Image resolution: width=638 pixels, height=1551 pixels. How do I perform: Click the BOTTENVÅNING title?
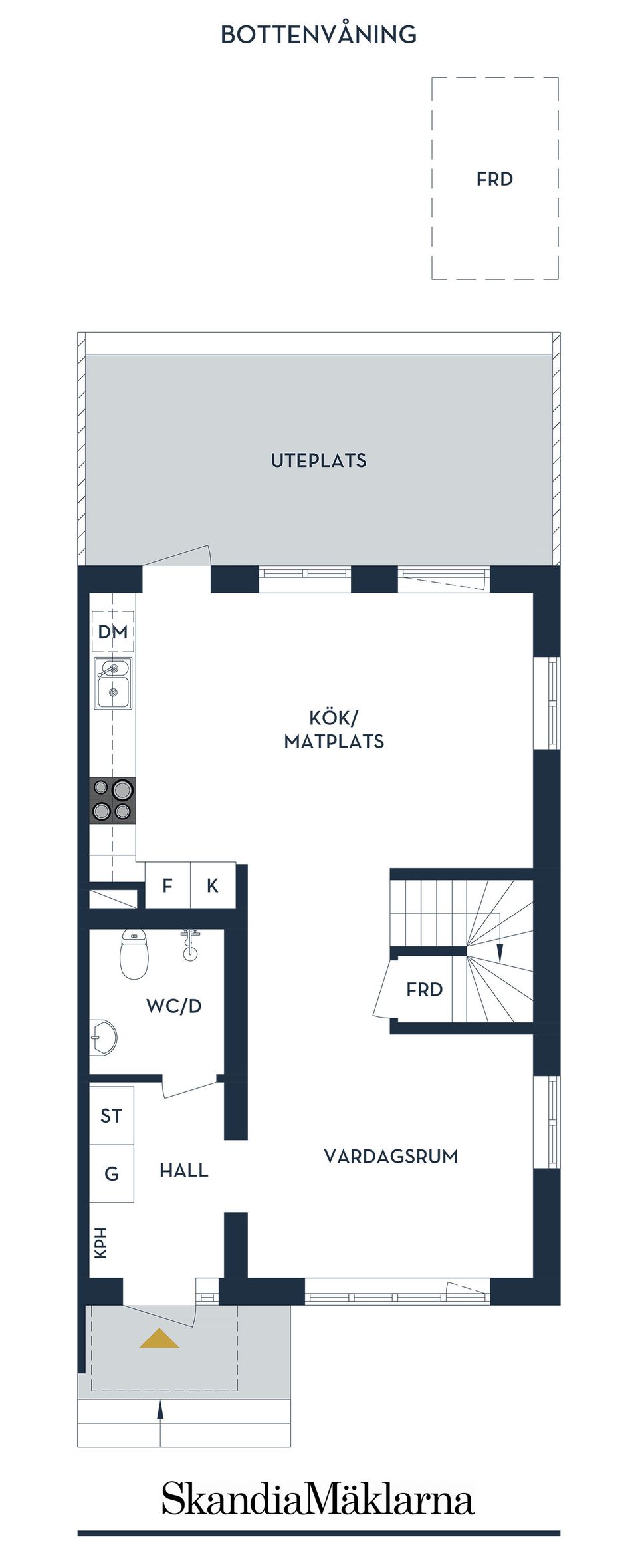point(318,34)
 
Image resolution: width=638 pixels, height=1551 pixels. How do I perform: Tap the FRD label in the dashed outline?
point(494,179)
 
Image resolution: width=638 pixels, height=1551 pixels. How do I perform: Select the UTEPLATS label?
point(318,460)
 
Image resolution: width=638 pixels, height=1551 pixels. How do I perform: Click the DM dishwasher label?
point(113,632)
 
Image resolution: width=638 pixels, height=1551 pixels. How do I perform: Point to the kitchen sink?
point(113,683)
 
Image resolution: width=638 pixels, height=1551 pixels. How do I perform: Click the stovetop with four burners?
point(113,800)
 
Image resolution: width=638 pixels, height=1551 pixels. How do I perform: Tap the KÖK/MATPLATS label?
point(334,730)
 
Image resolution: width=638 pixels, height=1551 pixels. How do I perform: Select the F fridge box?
point(167,885)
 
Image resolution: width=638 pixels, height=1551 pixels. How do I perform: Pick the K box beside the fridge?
point(213,885)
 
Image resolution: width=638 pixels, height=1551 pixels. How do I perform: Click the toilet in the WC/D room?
point(134,954)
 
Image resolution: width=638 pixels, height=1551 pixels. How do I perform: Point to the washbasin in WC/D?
point(103,1036)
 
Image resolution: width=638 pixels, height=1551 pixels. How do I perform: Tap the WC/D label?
point(174,1006)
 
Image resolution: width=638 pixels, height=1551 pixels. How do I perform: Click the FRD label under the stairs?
point(425,990)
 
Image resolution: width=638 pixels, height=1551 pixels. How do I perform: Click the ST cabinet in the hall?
point(112,1115)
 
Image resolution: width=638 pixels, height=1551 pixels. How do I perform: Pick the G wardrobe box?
point(112,1173)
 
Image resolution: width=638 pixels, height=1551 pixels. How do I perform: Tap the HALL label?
point(184,1170)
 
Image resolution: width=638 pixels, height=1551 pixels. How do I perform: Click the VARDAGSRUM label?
point(391,1156)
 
